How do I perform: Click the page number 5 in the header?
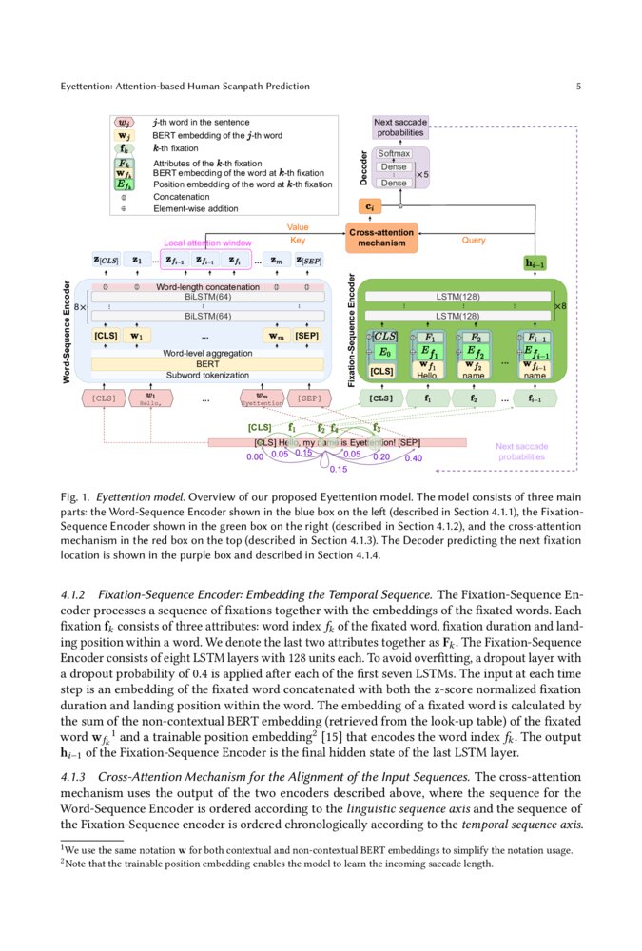pos(578,87)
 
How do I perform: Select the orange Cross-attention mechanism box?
pos(381,238)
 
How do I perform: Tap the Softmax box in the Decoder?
pos(394,153)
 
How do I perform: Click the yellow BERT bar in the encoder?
pos(206,363)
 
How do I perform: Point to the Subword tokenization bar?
pos(206,375)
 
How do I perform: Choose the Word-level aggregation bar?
pos(206,353)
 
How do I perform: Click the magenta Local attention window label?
pos(207,243)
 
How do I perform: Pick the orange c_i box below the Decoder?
pos(367,205)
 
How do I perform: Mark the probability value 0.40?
pos(414,458)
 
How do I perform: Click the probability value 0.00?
pos(254,457)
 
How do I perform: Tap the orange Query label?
pos(473,241)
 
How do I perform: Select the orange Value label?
pos(298,227)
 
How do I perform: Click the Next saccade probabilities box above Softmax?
pos(400,127)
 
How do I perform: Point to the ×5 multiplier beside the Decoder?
pos(423,175)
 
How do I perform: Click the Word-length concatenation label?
pos(207,286)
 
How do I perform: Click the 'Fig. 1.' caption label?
pos(74,496)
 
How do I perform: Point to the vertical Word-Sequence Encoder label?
pos(68,329)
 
